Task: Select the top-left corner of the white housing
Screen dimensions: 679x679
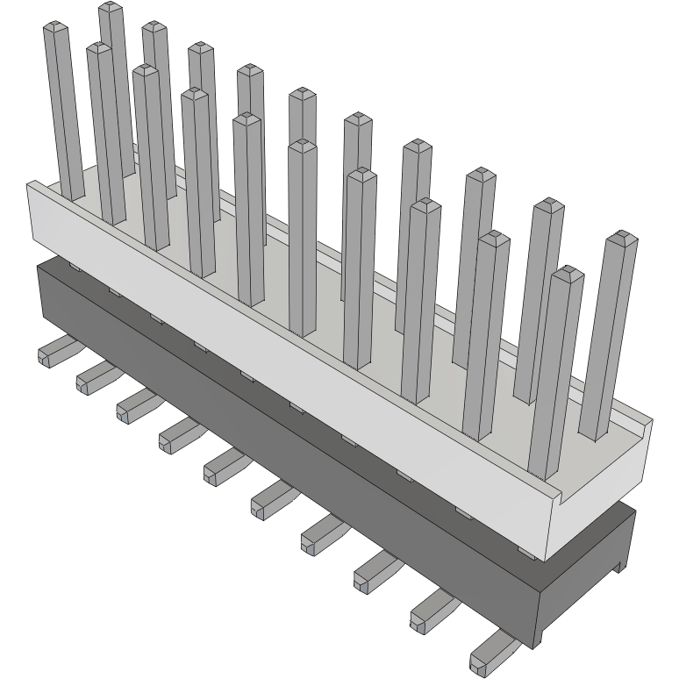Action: [31, 184]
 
